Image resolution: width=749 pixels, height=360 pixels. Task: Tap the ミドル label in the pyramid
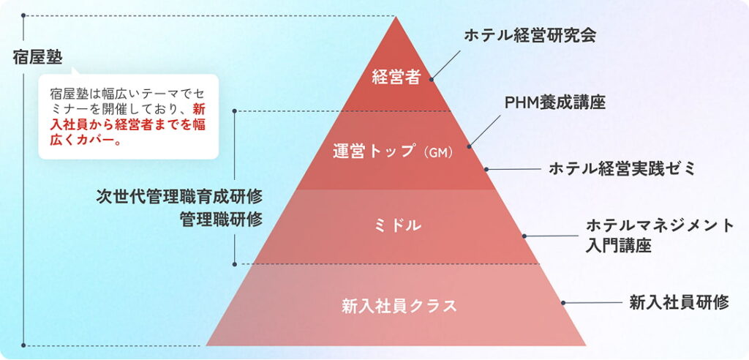396,226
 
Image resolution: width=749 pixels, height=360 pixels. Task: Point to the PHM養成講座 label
555,102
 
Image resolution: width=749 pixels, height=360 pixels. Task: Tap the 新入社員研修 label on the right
679,302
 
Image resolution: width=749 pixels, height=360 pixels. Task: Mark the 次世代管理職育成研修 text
179,196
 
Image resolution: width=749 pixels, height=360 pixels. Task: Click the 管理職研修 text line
221,219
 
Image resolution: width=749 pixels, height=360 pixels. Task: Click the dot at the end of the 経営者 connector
432,78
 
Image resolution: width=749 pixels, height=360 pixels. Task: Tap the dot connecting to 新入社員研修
563,302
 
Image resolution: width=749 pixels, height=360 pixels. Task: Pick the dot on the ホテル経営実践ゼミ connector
486,169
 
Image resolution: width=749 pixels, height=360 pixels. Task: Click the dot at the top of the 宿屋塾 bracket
24,15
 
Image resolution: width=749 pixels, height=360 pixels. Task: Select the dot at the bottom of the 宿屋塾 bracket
24,345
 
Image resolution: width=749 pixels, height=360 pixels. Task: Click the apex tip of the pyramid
396,18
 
